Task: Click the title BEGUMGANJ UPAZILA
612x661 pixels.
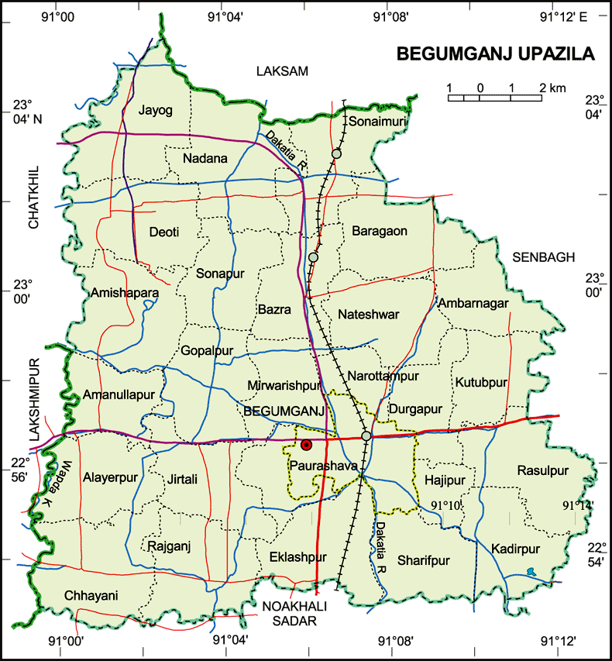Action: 496,54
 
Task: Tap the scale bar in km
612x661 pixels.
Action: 495,97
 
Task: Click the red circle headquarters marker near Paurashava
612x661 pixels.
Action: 307,445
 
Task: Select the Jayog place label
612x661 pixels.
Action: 156,110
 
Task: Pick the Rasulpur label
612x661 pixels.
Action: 543,470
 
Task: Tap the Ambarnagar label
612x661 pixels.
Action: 473,303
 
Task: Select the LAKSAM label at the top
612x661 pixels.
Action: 282,71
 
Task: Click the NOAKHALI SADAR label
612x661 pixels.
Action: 294,611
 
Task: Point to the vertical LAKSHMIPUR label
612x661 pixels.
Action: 33,400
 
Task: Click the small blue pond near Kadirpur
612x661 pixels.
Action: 530,573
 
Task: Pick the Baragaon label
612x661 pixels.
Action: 379,230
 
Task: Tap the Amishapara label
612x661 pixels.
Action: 125,293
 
